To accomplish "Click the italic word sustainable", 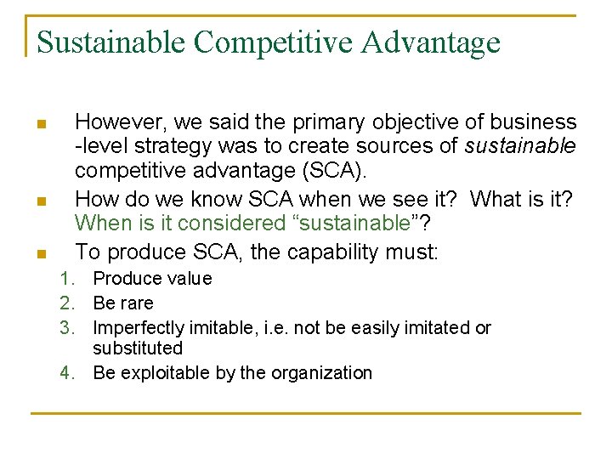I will click(x=520, y=147).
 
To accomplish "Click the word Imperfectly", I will click(x=134, y=328).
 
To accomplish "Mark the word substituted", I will click(x=138, y=348).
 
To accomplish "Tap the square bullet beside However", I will click(x=40, y=126).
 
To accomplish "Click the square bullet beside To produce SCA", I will click(x=40, y=254).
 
